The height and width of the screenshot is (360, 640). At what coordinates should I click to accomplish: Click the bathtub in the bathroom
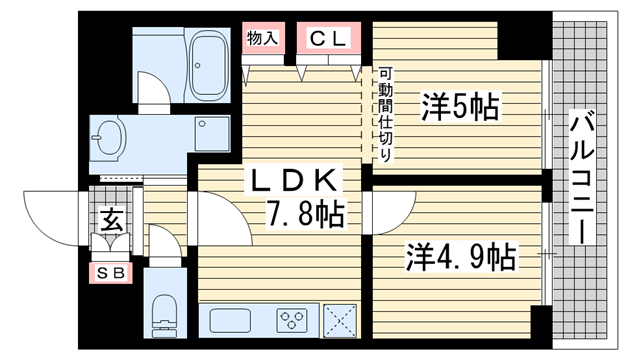(x=208, y=64)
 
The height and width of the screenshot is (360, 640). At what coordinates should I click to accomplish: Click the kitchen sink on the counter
(x=230, y=321)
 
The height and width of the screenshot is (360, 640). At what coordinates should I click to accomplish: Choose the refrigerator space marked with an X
(x=340, y=321)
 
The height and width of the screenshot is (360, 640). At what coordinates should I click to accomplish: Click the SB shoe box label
(x=111, y=273)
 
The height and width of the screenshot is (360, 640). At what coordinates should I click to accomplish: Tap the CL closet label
(x=329, y=39)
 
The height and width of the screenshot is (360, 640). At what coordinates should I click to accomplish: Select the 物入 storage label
(x=262, y=38)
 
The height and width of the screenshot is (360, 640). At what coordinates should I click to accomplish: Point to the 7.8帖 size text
(x=306, y=213)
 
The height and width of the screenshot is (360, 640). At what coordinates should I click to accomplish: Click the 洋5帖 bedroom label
(x=460, y=107)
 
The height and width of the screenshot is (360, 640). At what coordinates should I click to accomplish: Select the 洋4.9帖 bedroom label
(x=461, y=257)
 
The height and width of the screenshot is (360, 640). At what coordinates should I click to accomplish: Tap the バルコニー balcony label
(x=582, y=177)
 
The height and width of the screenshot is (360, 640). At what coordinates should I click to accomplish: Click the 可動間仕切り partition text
(x=385, y=114)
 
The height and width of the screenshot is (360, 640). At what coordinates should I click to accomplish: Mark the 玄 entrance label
(x=111, y=220)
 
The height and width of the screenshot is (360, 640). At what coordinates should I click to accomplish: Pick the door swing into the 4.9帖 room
(x=404, y=222)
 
